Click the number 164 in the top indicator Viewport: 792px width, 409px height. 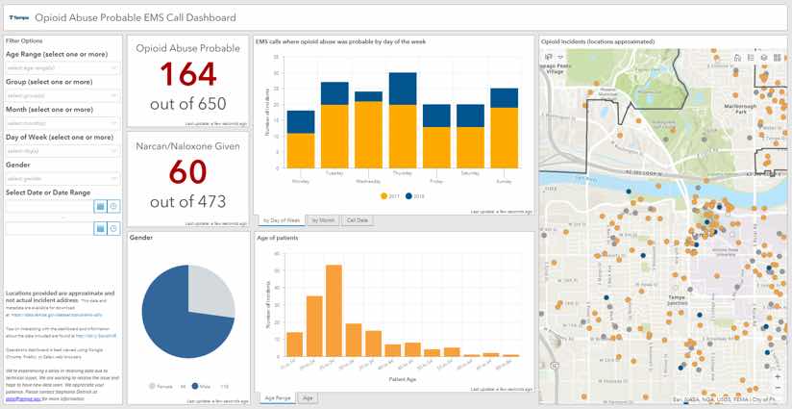(187, 74)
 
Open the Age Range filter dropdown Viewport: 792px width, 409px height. (62, 67)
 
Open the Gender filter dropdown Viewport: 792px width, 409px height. (62, 178)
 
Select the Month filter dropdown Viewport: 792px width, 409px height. (62, 123)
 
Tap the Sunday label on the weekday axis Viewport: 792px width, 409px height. (504, 180)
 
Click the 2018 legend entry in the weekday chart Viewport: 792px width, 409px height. (417, 196)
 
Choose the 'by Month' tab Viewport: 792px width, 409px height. (323, 220)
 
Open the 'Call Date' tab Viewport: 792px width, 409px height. (357, 220)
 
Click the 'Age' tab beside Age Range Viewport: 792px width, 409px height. (309, 396)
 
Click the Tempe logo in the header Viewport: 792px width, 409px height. (18, 17)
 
